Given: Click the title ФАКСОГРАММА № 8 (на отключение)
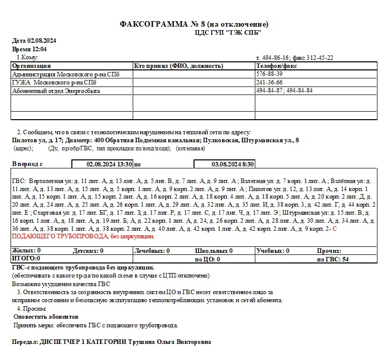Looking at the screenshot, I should pos(194,24).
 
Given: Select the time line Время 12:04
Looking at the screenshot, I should pos(30,49).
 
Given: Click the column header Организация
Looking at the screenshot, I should pos(32,66).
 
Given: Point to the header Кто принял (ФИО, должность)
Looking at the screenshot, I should pos(178,66).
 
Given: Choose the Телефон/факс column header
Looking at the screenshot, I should pos(276,66).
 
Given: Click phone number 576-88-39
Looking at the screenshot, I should pos(269,74).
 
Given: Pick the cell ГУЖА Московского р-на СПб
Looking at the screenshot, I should pos(54,82).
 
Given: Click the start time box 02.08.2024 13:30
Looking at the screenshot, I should pos(110,164).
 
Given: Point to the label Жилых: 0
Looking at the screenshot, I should pos(26,250).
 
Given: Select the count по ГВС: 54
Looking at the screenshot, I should pos(333,259).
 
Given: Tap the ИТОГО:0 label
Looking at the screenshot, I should pos(26,258).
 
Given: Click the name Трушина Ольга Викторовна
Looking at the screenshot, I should pos(170,342).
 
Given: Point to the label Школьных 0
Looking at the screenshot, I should pos(214,250).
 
